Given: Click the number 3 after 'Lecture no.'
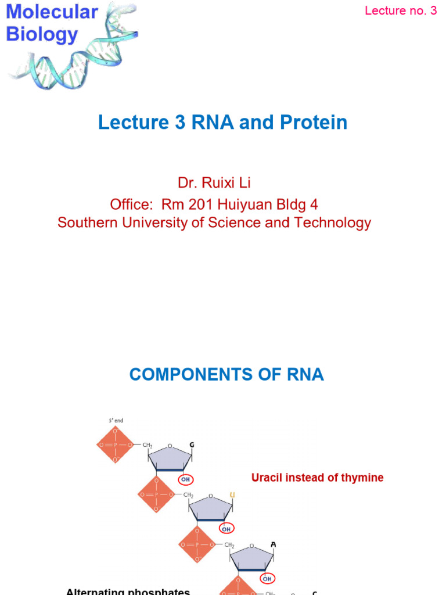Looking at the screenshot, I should click(433, 10).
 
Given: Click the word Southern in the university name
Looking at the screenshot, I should click(89, 223).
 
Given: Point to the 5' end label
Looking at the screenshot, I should click(114, 421).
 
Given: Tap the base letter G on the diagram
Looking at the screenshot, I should click(191, 445).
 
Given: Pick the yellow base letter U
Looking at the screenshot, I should click(232, 494).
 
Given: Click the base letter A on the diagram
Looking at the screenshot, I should click(273, 544).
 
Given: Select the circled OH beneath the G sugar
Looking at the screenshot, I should click(185, 480).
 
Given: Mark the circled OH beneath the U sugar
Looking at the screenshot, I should click(226, 529).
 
